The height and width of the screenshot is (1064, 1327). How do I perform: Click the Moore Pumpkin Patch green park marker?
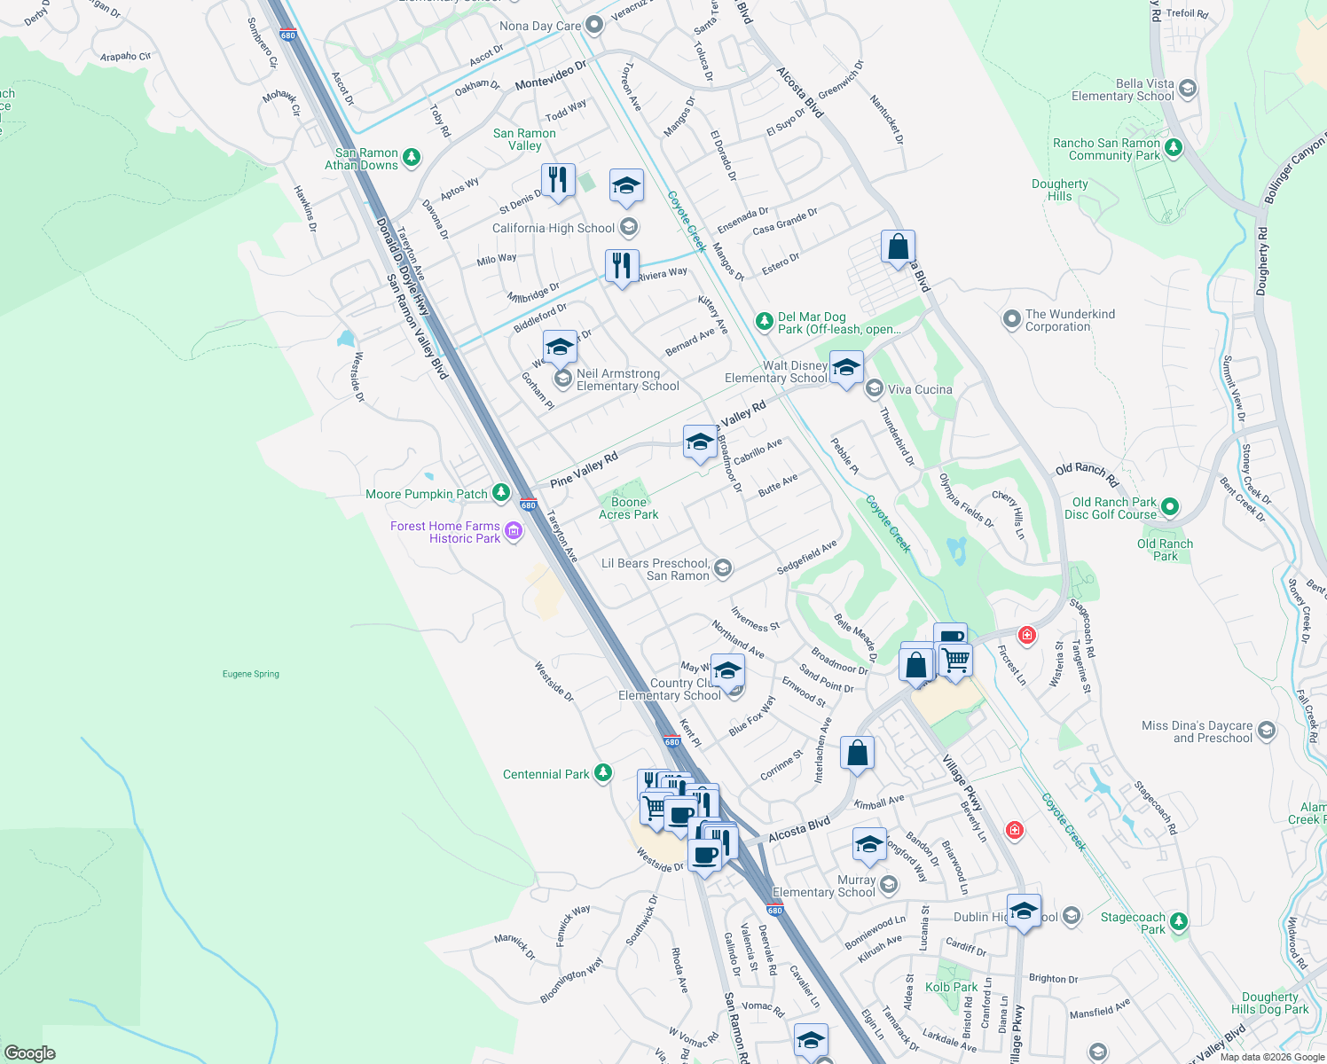[x=501, y=493]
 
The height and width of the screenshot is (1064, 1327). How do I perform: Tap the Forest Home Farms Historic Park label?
[x=445, y=532]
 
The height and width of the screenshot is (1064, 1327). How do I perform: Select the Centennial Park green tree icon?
[x=603, y=773]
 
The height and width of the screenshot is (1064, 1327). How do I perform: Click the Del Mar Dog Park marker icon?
[x=764, y=322]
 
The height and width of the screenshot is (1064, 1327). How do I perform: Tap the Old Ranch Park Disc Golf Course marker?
[x=1169, y=507]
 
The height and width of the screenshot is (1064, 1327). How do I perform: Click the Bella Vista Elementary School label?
[x=1122, y=90]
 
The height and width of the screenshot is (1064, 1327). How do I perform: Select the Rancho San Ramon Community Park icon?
[x=1174, y=147]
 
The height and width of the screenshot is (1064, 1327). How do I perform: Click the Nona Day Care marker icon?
[x=594, y=25]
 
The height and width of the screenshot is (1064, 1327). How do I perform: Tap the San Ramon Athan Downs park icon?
[x=411, y=158]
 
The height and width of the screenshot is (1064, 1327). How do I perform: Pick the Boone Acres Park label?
[x=628, y=508]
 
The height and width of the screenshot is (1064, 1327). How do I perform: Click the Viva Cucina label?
[x=920, y=389]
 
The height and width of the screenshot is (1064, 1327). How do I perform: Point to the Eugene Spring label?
[x=250, y=674]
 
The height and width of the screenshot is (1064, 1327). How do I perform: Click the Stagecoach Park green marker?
[x=1178, y=922]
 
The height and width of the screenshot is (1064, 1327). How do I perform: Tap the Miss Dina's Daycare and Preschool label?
[x=1197, y=731]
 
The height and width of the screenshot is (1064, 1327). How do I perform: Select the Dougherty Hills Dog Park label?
[x=1269, y=1003]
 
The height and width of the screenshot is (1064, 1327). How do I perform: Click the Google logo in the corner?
[x=29, y=1053]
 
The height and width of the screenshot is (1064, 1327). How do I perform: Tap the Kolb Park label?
[x=951, y=987]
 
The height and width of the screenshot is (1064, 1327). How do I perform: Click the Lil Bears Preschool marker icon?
[x=723, y=568]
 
